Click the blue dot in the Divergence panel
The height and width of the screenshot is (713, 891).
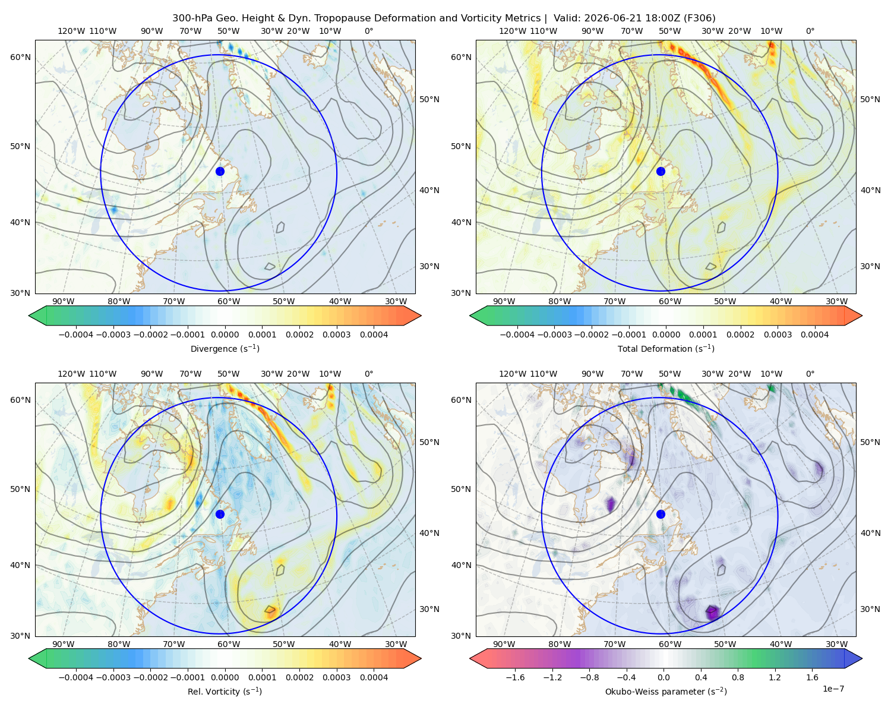click(220, 171)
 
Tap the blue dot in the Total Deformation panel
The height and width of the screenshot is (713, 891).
click(661, 171)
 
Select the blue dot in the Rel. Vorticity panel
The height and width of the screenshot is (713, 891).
click(220, 514)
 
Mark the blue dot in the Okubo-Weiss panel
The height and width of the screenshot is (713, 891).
click(661, 514)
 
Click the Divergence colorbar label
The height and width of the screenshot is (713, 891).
click(225, 348)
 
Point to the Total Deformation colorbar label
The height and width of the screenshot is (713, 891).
click(666, 348)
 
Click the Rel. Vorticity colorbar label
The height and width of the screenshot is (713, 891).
click(225, 691)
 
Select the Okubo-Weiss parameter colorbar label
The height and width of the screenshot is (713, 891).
click(666, 691)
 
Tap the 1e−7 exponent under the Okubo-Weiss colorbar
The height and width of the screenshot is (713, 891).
click(833, 689)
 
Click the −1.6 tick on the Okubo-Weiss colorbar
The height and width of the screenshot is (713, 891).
click(515, 677)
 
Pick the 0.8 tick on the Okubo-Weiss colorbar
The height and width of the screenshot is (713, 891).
click(738, 677)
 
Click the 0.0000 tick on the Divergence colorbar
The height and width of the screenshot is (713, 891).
click(225, 335)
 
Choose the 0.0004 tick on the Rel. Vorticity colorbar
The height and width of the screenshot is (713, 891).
click(374, 677)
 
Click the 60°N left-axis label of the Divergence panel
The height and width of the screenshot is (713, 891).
click(20, 57)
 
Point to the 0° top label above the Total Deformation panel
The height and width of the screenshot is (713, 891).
click(810, 31)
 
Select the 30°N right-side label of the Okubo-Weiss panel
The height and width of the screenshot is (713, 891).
click(870, 608)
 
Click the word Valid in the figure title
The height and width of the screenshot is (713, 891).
click(567, 18)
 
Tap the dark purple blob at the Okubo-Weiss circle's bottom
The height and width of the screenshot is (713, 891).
click(712, 613)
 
